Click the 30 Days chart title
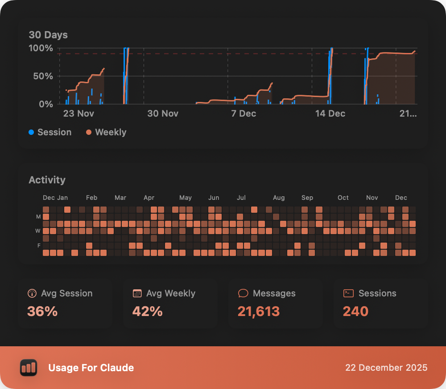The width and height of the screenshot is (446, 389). [48, 35]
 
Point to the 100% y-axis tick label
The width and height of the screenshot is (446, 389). [41, 48]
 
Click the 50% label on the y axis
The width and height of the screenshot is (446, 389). [43, 76]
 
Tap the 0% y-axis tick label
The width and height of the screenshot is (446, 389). [45, 104]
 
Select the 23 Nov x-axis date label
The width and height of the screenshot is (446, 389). [78, 113]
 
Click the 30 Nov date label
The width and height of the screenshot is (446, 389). [163, 113]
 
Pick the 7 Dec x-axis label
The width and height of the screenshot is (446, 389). [244, 113]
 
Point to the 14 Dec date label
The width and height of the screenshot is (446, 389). [330, 113]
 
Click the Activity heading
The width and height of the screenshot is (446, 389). [47, 180]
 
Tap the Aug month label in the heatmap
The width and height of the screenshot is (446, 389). [279, 198]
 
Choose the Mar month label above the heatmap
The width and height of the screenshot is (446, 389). [120, 198]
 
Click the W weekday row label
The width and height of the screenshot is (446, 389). [38, 231]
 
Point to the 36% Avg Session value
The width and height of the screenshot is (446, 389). [42, 311]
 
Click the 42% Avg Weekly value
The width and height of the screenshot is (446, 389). [147, 311]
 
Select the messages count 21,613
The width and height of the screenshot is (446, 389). [259, 311]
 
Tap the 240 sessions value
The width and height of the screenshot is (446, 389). [355, 311]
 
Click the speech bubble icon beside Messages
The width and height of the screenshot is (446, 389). [243, 293]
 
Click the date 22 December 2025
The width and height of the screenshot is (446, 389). [386, 368]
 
